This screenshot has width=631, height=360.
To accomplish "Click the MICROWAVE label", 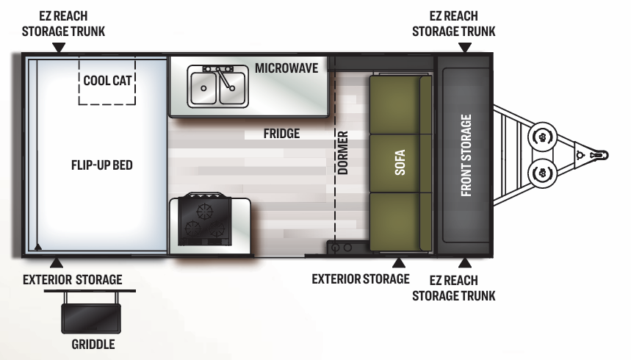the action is coord(286,68).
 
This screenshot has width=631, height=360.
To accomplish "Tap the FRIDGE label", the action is coord(281,133).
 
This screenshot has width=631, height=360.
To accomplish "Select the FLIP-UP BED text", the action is coord(102,165).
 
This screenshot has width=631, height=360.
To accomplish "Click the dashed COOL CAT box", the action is coord(107,81).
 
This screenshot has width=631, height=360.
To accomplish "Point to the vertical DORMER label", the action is coord(342,153).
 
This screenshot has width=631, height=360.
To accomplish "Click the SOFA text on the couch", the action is coord(400,162).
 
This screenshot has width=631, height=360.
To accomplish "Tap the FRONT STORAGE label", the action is coord(466,156).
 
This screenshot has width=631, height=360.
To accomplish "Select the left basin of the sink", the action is coord(203,87).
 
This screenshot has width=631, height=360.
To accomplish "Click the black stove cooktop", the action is coord(204,220).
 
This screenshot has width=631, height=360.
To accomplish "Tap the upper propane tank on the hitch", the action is coord(542,137).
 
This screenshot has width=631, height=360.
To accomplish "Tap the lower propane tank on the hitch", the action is coord(542,173).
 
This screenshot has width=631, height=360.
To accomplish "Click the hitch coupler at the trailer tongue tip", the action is coord(599,155).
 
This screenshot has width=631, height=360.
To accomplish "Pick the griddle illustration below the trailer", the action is coord(91,318).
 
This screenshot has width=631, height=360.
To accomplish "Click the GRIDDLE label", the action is coord(93,345).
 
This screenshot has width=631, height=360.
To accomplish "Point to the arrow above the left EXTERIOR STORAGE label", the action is coord(57,263).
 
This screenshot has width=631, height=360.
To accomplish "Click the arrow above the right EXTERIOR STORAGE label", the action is coord(399,263).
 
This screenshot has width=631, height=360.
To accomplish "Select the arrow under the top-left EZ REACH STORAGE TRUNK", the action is coord(59,48).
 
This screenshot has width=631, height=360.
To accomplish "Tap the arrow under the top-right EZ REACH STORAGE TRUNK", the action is coord(465,48).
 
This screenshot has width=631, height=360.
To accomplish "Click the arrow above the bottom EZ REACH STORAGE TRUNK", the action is coord(465,263).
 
